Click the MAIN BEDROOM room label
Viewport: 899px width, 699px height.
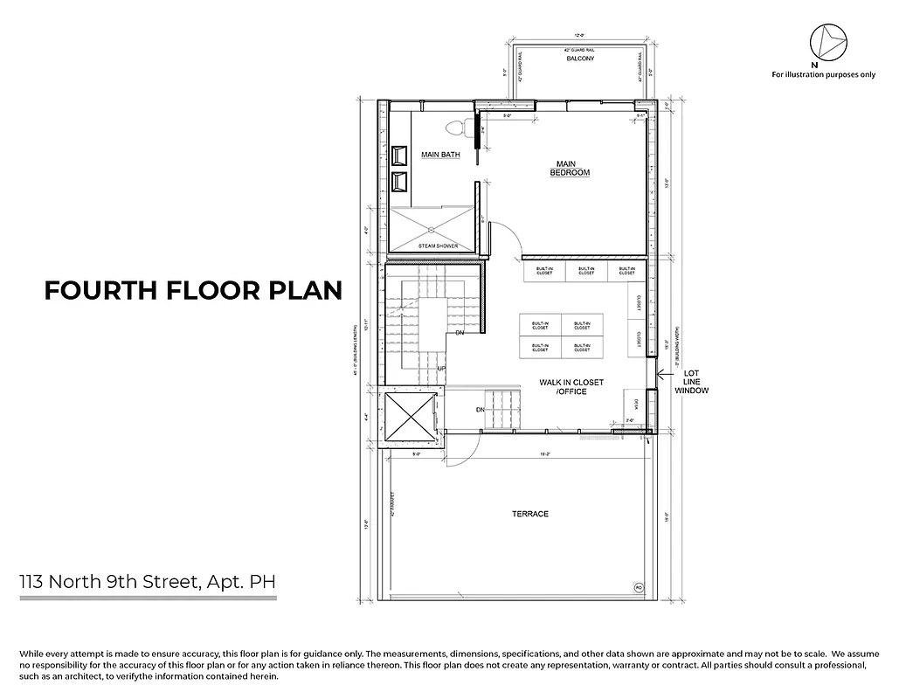point(570,168)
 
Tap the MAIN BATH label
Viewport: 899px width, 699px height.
point(440,155)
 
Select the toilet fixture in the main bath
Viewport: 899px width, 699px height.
point(453,128)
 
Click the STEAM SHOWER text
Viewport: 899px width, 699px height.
point(438,246)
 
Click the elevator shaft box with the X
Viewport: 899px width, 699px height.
point(410,417)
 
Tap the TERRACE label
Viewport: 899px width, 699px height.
point(530,514)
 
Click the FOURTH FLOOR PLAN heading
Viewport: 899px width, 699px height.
point(193,290)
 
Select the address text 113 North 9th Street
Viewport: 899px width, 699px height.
point(149,580)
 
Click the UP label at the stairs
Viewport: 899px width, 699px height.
point(442,370)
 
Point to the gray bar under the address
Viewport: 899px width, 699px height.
point(149,599)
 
